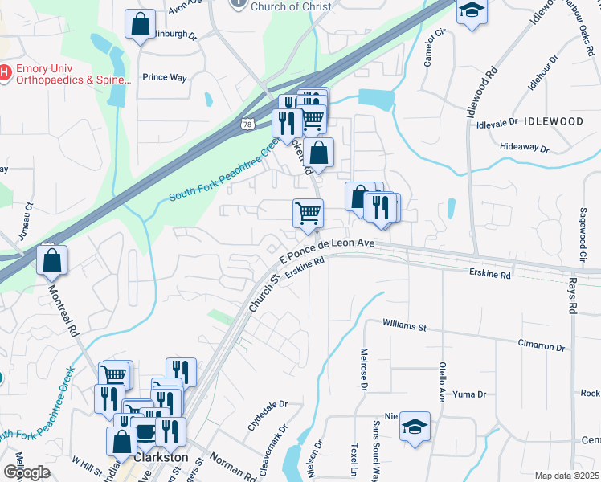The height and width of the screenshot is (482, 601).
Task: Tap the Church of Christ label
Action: (290, 6)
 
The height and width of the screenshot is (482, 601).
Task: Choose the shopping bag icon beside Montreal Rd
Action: (51, 261)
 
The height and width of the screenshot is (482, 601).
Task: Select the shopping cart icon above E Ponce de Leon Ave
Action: (308, 214)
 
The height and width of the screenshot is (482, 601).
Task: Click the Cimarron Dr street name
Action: (542, 346)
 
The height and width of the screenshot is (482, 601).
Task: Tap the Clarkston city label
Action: (163, 456)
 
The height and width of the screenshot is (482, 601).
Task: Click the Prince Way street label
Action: (164, 78)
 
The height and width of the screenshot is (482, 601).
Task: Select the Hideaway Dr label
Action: (524, 149)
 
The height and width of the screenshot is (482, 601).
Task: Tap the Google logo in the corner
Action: (27, 472)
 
